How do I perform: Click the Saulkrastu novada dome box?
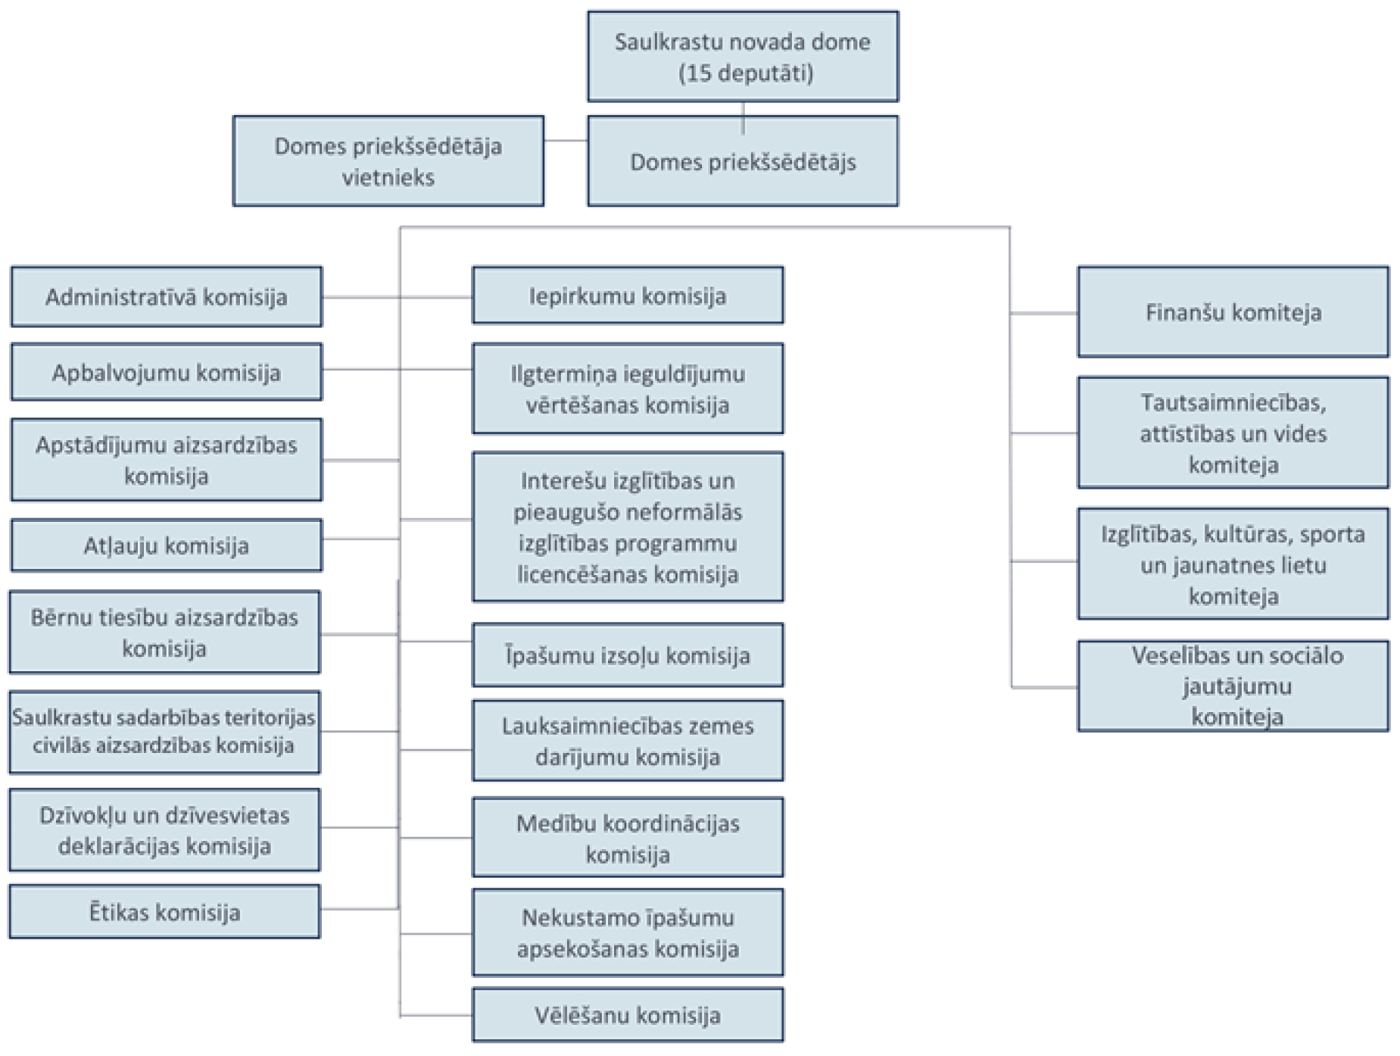click(742, 56)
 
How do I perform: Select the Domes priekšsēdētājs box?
click(742, 161)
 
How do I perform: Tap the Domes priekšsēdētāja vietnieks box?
click(388, 161)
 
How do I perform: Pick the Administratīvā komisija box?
click(166, 296)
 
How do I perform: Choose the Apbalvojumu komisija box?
click(166, 372)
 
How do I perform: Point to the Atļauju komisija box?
click(166, 545)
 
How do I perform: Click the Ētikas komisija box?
click(164, 911)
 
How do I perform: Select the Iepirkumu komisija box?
click(627, 295)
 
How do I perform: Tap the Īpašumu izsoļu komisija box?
click(627, 655)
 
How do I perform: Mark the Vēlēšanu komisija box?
click(627, 1014)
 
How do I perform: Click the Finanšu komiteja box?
click(1233, 312)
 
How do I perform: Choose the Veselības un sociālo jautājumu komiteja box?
click(1233, 686)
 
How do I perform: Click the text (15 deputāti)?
click(745, 73)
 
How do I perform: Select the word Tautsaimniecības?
click(1233, 402)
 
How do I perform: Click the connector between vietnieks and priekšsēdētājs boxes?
click(566, 140)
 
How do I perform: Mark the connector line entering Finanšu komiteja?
click(1044, 312)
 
